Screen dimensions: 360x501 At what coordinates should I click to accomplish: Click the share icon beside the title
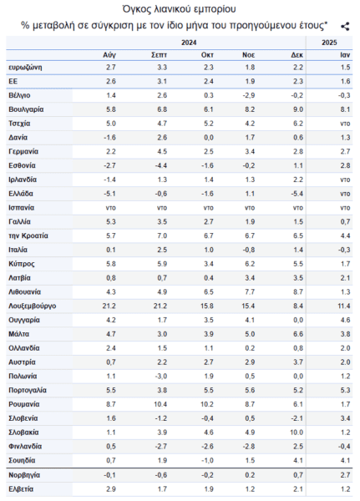tap(345, 26)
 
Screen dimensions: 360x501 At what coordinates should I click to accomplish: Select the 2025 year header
tap(329, 43)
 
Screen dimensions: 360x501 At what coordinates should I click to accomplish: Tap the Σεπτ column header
tap(159, 55)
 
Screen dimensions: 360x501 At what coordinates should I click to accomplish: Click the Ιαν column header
tap(345, 55)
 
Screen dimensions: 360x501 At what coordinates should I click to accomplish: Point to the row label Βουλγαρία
tap(26, 109)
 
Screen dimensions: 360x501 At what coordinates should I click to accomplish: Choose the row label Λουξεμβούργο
tap(33, 306)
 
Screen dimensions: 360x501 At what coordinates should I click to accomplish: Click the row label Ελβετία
tap(21, 489)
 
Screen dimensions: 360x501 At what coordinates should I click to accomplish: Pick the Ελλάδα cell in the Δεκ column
tap(297, 194)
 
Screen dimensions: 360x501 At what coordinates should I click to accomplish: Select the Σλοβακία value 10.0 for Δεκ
tap(297, 433)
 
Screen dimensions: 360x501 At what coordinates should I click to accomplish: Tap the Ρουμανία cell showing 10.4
tap(160, 404)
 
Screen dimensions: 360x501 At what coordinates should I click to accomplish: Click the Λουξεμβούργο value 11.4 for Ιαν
tap(343, 306)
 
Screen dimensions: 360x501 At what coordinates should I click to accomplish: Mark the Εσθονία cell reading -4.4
tap(161, 165)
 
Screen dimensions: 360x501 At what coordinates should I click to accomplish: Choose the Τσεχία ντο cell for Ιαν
tap(345, 124)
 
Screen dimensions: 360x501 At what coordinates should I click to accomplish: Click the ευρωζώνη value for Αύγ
tap(111, 68)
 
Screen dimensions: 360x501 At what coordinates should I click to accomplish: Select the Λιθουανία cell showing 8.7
tap(298, 292)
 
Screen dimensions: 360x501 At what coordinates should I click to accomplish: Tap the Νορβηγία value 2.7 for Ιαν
tap(345, 475)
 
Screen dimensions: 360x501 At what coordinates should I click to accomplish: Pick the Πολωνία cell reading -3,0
tap(161, 376)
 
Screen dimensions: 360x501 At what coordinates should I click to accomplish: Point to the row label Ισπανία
tap(22, 208)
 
